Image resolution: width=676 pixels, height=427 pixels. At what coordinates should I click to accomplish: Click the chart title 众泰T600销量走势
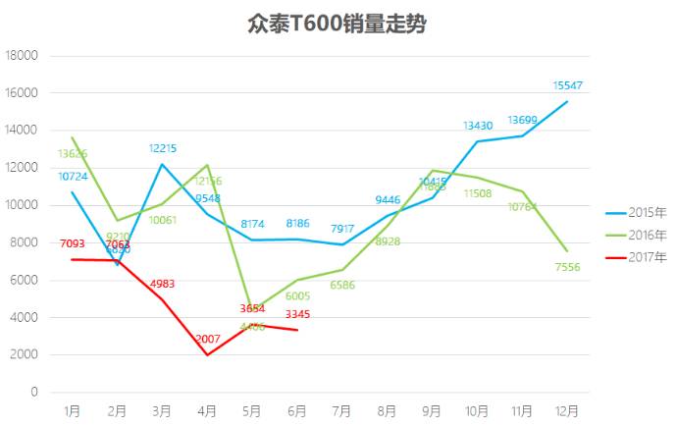(x=337, y=24)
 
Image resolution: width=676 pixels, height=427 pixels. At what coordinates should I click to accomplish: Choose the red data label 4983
(x=163, y=284)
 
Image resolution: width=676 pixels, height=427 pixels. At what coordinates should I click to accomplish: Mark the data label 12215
(x=163, y=148)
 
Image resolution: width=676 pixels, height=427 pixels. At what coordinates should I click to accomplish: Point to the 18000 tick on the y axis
(x=22, y=56)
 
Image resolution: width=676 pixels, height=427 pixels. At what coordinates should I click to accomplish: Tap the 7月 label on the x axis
(x=342, y=409)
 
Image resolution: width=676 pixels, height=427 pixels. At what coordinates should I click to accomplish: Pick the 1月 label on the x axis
(x=72, y=409)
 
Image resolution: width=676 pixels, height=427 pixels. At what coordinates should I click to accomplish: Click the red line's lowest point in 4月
(x=207, y=354)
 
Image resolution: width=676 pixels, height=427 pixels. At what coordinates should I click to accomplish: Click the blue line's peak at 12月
(x=567, y=101)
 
